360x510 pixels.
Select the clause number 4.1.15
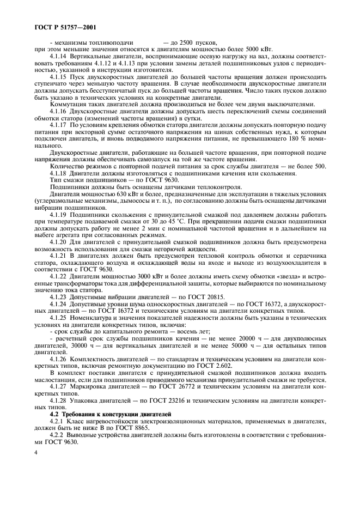click(x=60, y=77)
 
